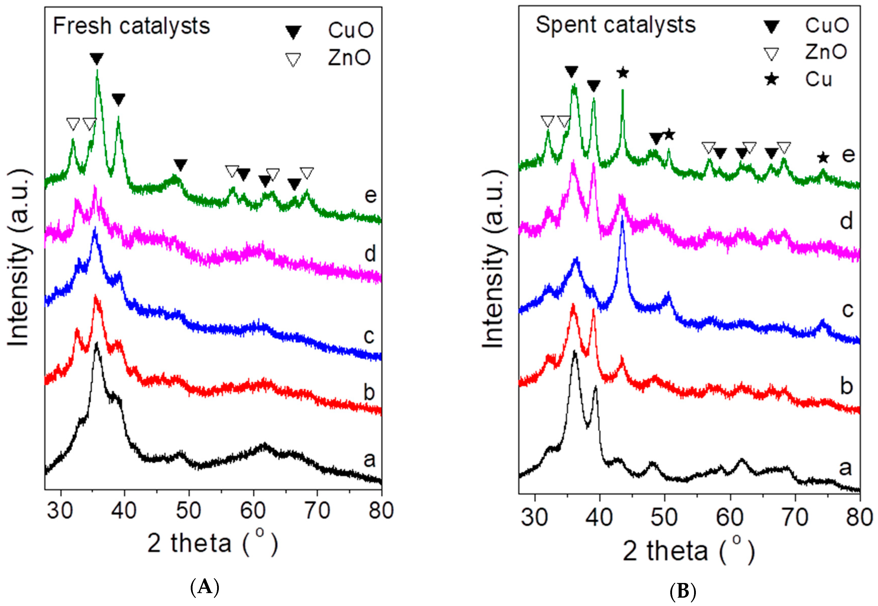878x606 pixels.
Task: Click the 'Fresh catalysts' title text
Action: [131, 27]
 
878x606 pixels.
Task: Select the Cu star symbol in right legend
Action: [772, 79]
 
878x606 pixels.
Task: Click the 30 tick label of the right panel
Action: [535, 517]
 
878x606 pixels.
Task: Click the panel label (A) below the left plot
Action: [205, 587]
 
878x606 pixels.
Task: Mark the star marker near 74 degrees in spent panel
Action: [823, 158]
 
